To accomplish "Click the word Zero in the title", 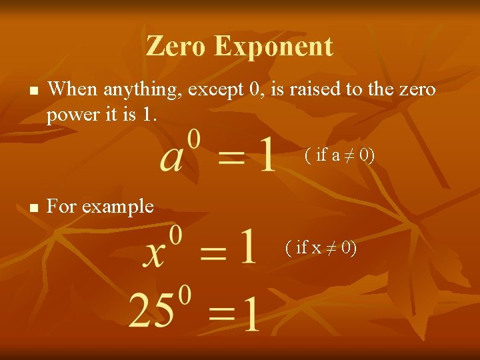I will pos(177,47).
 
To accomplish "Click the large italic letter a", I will pos(171,157).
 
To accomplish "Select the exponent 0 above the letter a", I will pos(193,138).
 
